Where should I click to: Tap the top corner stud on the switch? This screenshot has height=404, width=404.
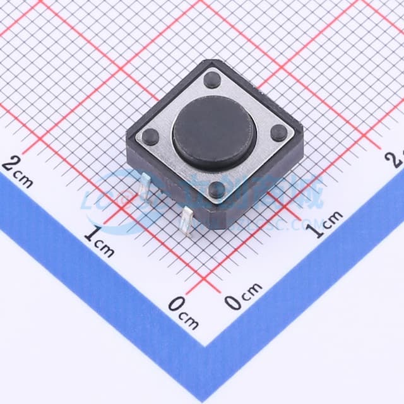click(x=213, y=80)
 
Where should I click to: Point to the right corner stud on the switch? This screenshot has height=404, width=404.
click(x=278, y=133)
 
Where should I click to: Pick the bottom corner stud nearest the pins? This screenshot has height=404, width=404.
click(x=217, y=189)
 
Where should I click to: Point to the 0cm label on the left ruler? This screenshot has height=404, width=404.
click(x=183, y=312)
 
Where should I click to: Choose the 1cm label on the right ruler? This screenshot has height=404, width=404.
click(x=326, y=225)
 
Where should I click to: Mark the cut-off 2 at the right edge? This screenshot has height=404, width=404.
click(x=398, y=158)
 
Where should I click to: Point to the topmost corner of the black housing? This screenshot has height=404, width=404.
click(x=208, y=61)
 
